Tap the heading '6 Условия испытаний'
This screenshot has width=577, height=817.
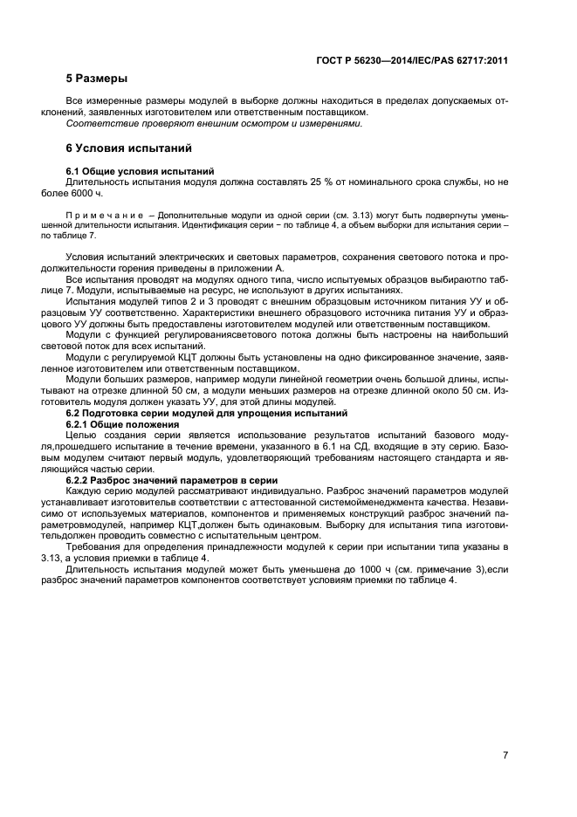123,148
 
